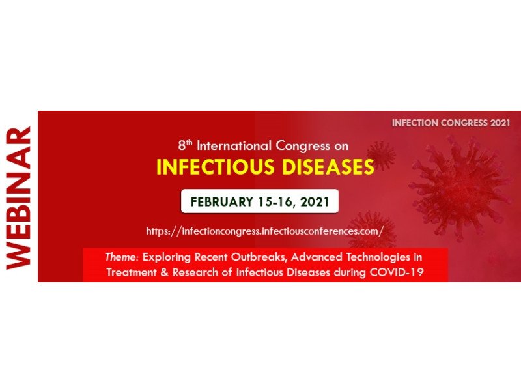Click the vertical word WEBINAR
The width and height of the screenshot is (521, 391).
[x=19, y=198]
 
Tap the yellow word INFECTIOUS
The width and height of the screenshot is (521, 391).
[x=216, y=167]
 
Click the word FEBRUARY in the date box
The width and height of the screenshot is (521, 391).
[x=222, y=202]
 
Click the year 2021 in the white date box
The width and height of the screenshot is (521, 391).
[x=315, y=202]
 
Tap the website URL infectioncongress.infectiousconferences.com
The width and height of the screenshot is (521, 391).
[x=265, y=231]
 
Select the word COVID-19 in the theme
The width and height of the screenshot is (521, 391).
[x=397, y=272]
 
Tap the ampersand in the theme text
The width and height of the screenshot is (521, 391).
[x=165, y=272]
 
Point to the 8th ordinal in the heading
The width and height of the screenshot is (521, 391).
[x=185, y=145]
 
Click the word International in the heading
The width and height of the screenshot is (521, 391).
[x=234, y=145]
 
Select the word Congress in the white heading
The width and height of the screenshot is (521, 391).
[x=303, y=146]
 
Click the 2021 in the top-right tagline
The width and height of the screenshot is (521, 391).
[x=500, y=123]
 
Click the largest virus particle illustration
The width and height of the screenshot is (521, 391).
[x=460, y=187]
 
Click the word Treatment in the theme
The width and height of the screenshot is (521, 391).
[x=132, y=272]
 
